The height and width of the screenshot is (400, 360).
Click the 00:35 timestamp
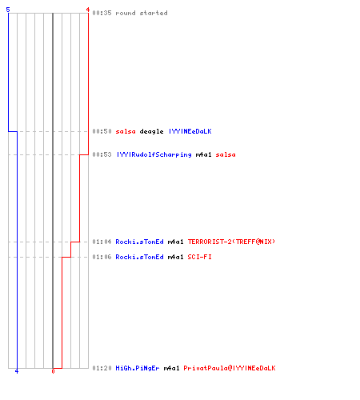click(x=102, y=13)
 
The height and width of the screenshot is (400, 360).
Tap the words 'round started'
click(x=142, y=13)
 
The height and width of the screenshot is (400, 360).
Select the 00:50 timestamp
click(x=102, y=131)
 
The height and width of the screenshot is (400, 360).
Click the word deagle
click(x=151, y=132)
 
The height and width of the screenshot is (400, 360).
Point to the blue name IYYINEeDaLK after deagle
click(x=190, y=131)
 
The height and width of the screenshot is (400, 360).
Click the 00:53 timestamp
click(x=102, y=154)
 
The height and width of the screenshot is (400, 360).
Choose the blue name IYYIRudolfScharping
click(x=154, y=155)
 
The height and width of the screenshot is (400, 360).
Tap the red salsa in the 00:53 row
click(x=226, y=154)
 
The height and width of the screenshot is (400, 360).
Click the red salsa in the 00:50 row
click(x=126, y=131)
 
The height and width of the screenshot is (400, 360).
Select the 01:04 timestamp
click(x=102, y=242)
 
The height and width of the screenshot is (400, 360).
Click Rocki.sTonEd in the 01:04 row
click(x=139, y=242)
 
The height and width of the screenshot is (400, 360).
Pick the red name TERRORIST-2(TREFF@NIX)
click(x=231, y=242)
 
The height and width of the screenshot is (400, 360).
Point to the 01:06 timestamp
click(x=102, y=257)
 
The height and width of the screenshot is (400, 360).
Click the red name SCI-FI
click(x=199, y=257)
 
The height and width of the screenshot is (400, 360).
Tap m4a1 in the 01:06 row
click(x=175, y=257)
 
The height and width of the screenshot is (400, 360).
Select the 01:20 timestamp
click(x=102, y=368)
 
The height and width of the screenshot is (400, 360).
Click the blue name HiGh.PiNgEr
click(x=138, y=368)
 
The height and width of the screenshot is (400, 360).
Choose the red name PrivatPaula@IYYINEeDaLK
click(x=230, y=368)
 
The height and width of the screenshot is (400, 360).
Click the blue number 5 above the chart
click(x=8, y=10)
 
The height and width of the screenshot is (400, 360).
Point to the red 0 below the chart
click(x=53, y=371)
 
